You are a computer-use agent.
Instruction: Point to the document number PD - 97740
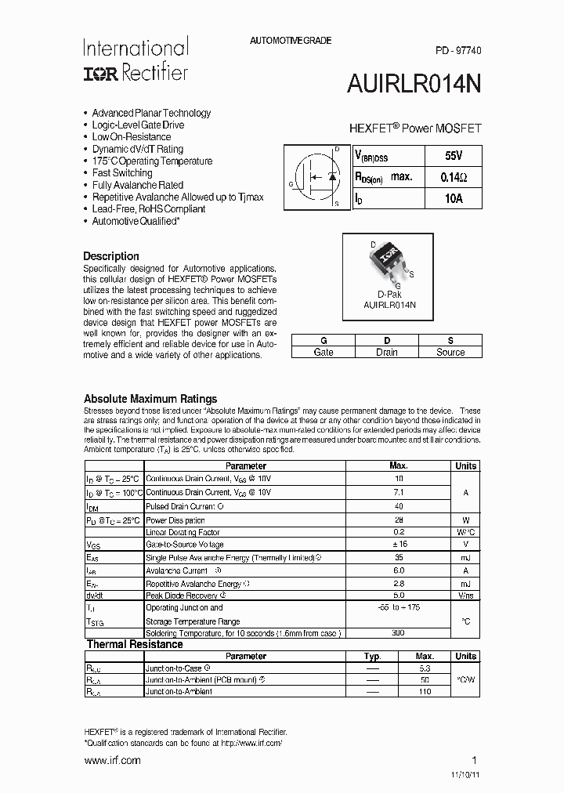point(458,49)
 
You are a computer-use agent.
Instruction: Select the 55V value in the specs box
point(453,156)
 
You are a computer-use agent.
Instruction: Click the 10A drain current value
point(453,198)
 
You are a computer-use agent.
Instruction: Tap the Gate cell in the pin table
point(323,353)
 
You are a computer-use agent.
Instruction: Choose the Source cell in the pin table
point(450,353)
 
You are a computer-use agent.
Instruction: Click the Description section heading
point(111,256)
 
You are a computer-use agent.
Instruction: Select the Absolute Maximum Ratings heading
point(150,399)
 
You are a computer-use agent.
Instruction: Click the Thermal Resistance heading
point(135,644)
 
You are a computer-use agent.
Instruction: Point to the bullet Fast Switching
point(122,173)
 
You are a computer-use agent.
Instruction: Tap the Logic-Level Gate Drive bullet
point(138,125)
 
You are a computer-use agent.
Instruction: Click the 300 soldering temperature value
point(399,632)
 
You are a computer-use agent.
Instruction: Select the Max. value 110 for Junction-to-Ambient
point(425,692)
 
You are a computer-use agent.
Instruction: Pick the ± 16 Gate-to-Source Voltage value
point(399,545)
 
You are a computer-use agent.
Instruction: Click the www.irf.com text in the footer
point(112,760)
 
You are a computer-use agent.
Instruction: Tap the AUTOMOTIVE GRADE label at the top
point(290,40)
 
